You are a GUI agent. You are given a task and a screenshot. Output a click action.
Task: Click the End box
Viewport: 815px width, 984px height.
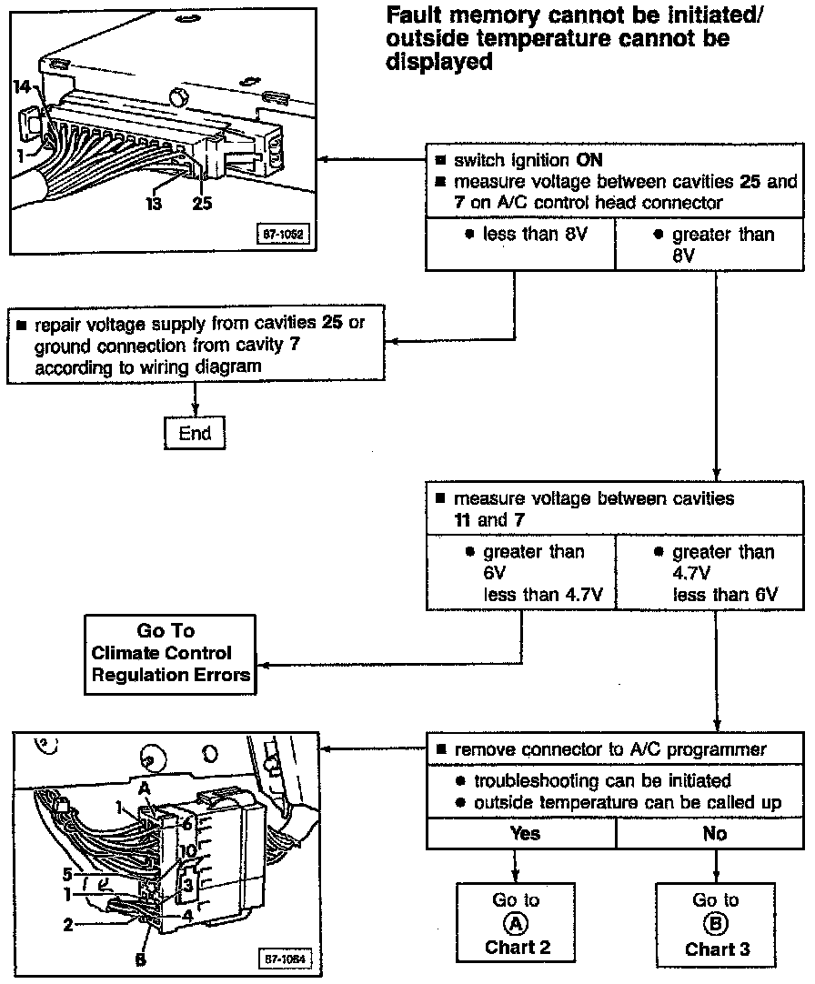point(195,434)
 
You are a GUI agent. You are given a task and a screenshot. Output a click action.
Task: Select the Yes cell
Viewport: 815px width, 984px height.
point(525,833)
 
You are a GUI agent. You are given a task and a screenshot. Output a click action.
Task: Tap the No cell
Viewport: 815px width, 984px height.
point(715,833)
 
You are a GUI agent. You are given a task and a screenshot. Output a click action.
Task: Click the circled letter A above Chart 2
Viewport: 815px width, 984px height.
point(516,923)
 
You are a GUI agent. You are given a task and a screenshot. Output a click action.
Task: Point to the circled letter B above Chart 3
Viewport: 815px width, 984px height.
point(716,923)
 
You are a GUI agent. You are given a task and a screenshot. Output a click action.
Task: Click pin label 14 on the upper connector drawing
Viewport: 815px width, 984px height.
point(23,86)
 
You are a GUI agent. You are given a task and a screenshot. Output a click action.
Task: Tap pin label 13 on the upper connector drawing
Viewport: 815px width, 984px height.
point(154,204)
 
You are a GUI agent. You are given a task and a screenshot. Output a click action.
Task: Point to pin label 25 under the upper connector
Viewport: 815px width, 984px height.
point(202,204)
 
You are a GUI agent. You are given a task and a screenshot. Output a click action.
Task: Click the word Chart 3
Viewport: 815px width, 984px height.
point(717,949)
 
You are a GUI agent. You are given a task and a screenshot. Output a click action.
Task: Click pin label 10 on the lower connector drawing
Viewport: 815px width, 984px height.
point(187,851)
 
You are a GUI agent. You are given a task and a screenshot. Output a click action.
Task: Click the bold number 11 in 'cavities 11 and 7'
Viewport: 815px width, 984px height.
point(462,521)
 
